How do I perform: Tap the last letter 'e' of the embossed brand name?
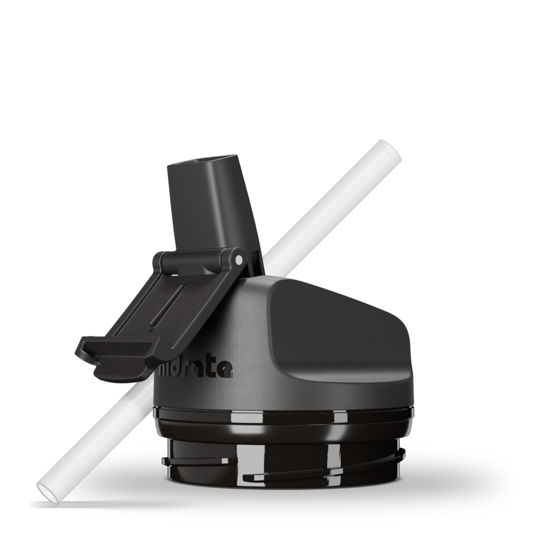(x=225, y=370)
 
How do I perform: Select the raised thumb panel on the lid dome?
(x=335, y=329)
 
